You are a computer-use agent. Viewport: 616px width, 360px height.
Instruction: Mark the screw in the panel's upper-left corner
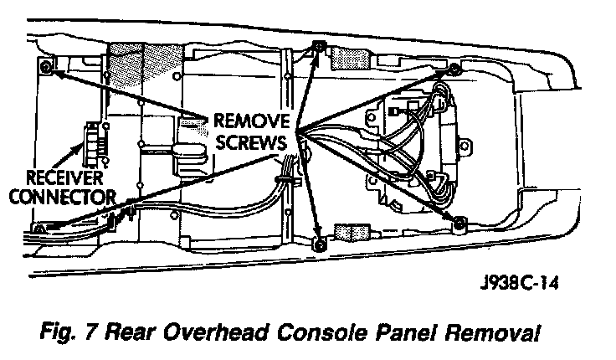(x=45, y=66)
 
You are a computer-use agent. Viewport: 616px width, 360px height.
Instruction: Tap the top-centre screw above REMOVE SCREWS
(x=317, y=48)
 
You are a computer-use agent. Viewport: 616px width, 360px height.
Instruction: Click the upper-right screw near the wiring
(x=454, y=68)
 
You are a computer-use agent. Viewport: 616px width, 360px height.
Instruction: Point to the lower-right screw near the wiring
(x=459, y=222)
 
